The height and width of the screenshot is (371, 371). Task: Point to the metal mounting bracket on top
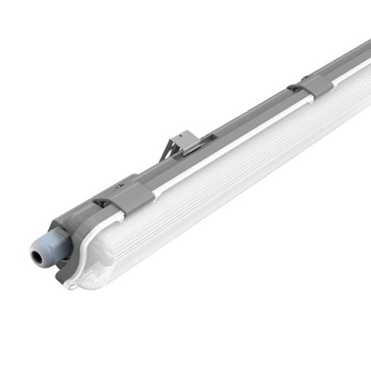(x=182, y=145)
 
